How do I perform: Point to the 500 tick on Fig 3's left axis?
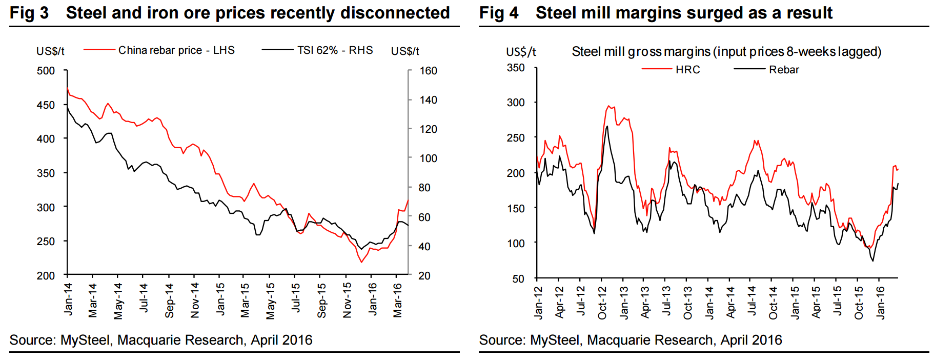tap(46, 71)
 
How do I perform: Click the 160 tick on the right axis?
tap(428, 71)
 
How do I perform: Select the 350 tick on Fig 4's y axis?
tap(516, 68)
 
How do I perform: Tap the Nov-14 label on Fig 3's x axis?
tap(195, 301)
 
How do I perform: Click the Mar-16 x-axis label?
tap(397, 301)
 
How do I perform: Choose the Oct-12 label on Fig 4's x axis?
tap(602, 303)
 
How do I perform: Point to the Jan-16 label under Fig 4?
tap(880, 303)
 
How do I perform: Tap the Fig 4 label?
tap(498, 13)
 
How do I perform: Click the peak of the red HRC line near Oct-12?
tap(608, 106)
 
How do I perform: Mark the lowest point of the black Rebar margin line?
tap(872, 261)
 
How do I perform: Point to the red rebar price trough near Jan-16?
tap(361, 262)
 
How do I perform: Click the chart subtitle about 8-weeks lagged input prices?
tap(726, 52)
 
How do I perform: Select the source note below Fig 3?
tap(161, 340)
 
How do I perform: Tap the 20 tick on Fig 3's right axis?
tap(424, 276)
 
